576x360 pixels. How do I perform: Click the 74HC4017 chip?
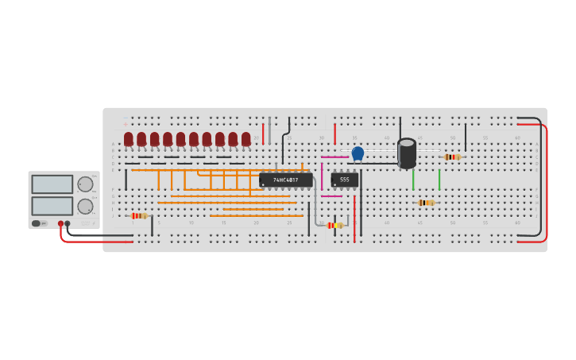coord(285,180)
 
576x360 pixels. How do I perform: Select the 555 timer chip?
coord(345,180)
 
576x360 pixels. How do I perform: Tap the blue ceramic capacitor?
coord(358,153)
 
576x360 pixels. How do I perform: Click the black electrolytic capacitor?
coord(407,153)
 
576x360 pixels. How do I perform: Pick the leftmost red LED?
coord(129,139)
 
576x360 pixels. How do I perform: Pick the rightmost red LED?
coord(246,139)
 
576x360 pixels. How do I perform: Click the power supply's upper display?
coord(52,184)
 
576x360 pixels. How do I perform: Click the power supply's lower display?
coord(52,206)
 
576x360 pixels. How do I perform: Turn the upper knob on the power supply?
coord(85,184)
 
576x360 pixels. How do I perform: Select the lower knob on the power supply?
coord(85,207)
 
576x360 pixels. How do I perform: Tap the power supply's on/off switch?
coord(37,223)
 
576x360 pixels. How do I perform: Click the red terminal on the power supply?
coord(60,224)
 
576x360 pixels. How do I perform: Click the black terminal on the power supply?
coord(68,224)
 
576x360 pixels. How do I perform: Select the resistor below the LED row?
coord(139,215)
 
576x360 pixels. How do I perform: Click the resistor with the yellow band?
coord(334,226)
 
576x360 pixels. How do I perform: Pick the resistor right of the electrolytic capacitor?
coord(452,157)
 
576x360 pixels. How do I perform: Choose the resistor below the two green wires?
coord(427,203)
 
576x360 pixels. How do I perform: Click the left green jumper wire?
coord(413,180)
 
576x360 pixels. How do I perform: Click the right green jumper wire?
coord(439,180)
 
